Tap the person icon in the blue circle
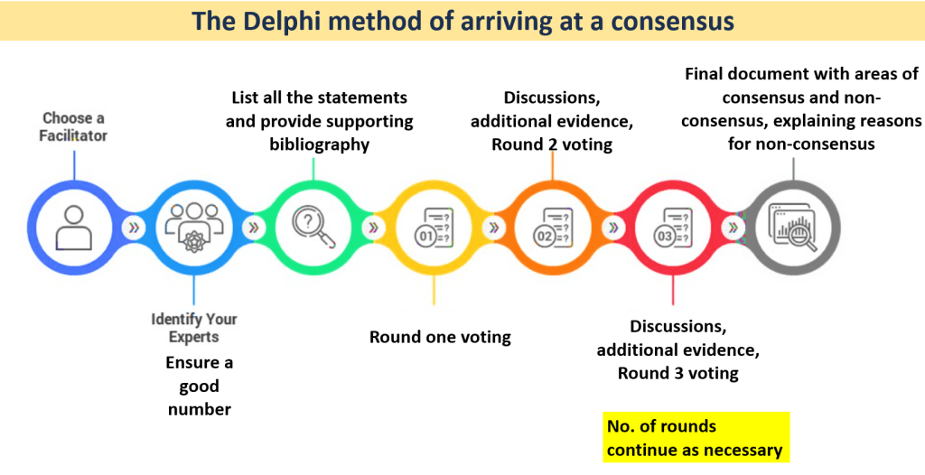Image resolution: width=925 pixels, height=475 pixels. click(x=74, y=228)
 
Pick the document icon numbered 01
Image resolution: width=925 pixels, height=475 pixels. click(x=434, y=228)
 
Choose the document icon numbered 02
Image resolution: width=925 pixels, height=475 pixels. click(x=553, y=228)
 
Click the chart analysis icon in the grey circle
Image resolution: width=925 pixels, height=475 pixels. click(x=793, y=228)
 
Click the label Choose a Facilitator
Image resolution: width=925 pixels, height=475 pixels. click(x=73, y=126)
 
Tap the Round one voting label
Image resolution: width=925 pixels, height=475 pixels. click(x=440, y=337)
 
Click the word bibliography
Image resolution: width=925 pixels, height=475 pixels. click(x=319, y=144)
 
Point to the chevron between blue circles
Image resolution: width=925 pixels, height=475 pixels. click(x=134, y=228)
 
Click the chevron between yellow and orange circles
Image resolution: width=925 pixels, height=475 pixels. click(x=493, y=228)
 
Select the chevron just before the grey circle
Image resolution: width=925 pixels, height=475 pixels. click(x=733, y=228)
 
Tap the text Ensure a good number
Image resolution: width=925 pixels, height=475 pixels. click(x=200, y=386)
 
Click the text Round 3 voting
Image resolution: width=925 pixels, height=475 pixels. click(x=677, y=374)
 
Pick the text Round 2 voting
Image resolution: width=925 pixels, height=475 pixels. click(x=552, y=144)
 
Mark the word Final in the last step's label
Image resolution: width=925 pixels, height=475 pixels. click(x=705, y=74)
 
